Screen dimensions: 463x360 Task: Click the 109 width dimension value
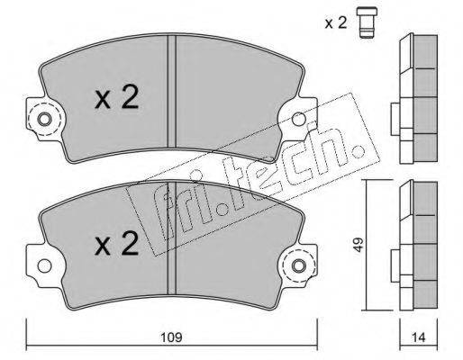coord(172,337)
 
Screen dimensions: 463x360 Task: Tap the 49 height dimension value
coord(359,245)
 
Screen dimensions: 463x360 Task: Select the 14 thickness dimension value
coord(419,337)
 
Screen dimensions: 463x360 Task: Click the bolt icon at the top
coord(367,23)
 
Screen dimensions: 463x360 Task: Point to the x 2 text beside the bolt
coord(336,22)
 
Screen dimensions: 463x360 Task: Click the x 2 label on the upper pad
coord(116,96)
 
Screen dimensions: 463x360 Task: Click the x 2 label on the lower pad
coord(116,244)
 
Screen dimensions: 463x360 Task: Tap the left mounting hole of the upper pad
coord(44,120)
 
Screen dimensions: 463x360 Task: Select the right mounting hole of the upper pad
coord(299,119)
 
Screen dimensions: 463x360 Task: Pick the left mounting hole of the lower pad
coord(44,265)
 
